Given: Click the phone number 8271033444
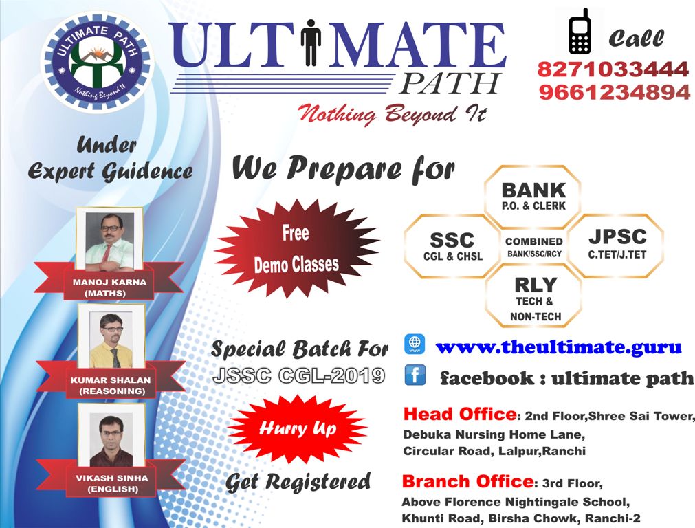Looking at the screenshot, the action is (x=613, y=69).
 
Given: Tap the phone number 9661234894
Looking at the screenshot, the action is (x=615, y=92).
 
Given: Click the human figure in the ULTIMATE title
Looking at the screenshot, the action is (x=311, y=42).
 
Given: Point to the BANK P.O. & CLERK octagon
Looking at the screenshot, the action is (x=533, y=197).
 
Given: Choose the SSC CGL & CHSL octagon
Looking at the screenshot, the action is (x=452, y=246).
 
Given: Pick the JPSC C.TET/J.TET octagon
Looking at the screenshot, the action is (x=617, y=245).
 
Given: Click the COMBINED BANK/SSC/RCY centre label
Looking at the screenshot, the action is (x=534, y=247).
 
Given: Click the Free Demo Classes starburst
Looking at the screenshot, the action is (x=296, y=249).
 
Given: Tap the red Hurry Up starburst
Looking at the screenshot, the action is (x=298, y=429).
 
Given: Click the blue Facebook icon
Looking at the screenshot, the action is (x=415, y=375).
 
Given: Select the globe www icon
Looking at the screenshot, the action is (x=415, y=344).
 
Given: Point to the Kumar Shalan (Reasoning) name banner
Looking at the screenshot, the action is (x=111, y=379).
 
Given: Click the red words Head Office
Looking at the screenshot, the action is (x=460, y=414).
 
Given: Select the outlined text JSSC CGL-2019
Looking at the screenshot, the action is (x=299, y=376).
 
